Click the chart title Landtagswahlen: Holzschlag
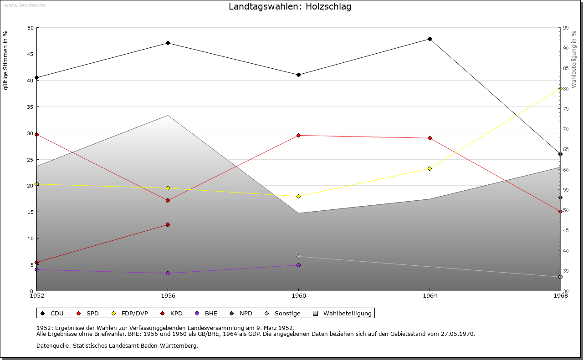coord(290,7)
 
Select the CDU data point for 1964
coord(430,39)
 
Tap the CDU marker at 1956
coord(168,43)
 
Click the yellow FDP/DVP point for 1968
coord(560,88)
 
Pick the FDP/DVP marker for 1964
coord(430,168)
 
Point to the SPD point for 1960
coord(298,135)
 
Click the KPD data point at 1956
coord(168,224)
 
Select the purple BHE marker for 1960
coord(298,265)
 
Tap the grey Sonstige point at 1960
coord(298,256)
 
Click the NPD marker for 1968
coord(560,197)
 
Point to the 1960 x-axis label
coord(298,296)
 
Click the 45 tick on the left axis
coord(31,54)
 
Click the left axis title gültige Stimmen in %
coord(6,60)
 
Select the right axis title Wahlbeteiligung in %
coord(574,59)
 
